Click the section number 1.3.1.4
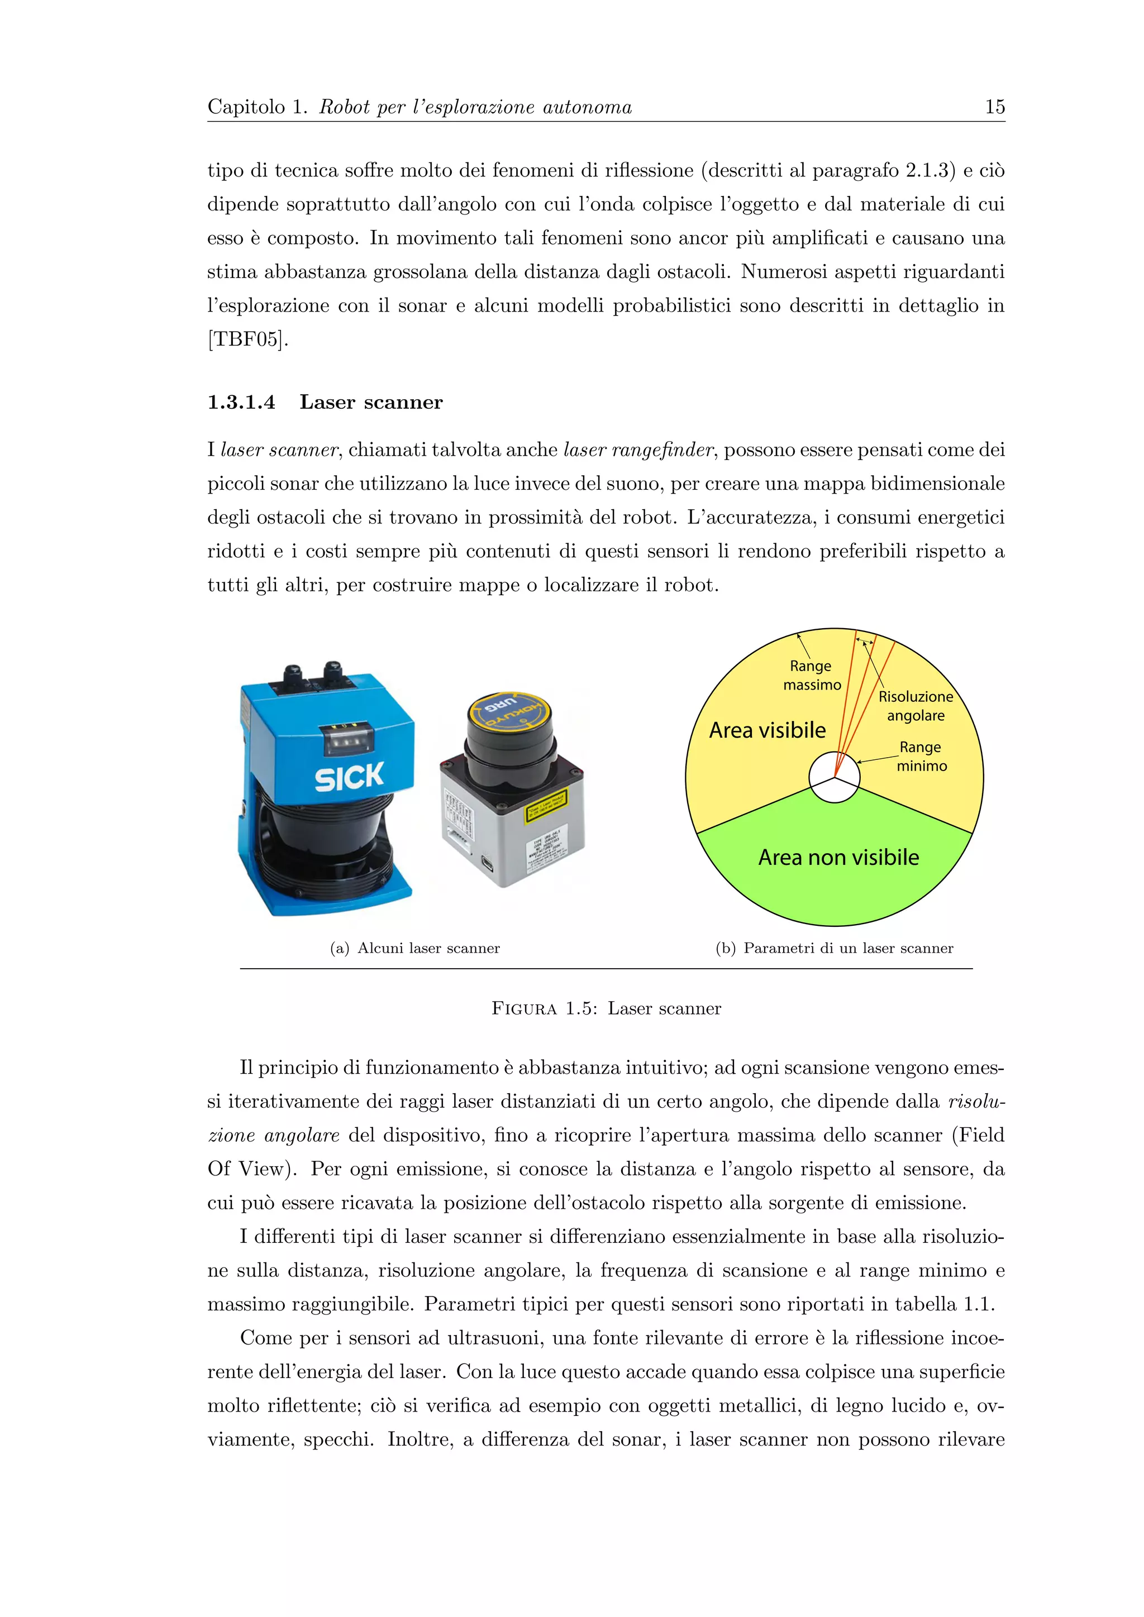pyautogui.click(x=241, y=402)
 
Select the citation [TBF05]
pyautogui.click(x=247, y=339)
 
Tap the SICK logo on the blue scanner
pyautogui.click(x=349, y=777)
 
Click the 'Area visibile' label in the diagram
pyautogui.click(x=767, y=730)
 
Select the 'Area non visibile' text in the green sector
pyautogui.click(x=838, y=857)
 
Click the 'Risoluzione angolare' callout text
pyautogui.click(x=915, y=706)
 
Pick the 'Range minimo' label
pyautogui.click(x=921, y=757)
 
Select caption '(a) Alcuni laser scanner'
pyautogui.click(x=415, y=948)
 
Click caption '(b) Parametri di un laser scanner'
pyautogui.click(x=834, y=948)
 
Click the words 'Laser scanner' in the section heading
pyautogui.click(x=371, y=402)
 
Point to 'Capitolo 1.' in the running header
pyautogui.click(x=257, y=107)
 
